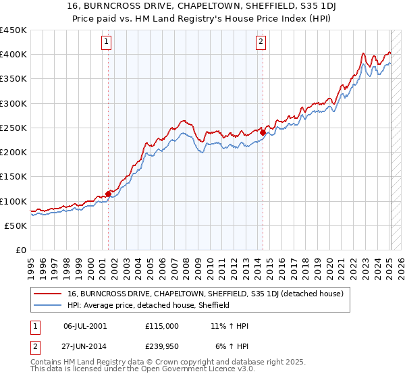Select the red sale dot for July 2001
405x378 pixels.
108,194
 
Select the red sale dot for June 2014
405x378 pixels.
263,133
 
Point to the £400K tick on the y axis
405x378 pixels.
13,55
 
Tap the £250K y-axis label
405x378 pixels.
13,128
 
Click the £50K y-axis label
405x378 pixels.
16,225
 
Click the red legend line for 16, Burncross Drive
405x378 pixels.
48,294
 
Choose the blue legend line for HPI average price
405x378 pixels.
48,305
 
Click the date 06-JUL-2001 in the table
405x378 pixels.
86,326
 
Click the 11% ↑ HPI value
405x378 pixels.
230,326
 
